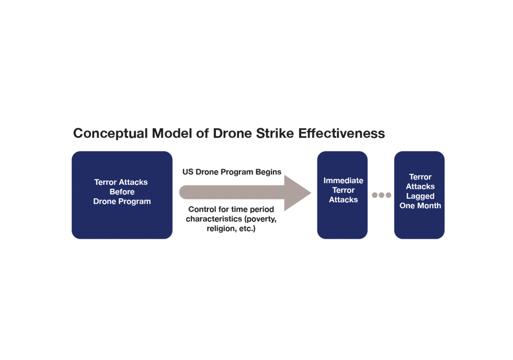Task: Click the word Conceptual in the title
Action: [x=111, y=134]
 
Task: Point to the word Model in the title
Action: [x=172, y=133]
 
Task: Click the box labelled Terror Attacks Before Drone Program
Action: [x=122, y=195]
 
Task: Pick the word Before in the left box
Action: [x=122, y=192]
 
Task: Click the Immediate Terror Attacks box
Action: [x=342, y=195]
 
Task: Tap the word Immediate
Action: [x=343, y=180]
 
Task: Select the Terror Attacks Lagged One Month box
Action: [x=419, y=195]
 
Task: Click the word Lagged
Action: [x=420, y=196]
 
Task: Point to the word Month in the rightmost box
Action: [x=429, y=206]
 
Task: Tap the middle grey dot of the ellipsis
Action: [x=381, y=195]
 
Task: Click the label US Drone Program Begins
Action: [x=231, y=172]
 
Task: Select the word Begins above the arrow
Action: [x=269, y=172]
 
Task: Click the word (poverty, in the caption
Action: [x=261, y=219]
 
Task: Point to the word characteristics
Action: [x=214, y=219]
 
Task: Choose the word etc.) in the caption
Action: [x=247, y=228]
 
